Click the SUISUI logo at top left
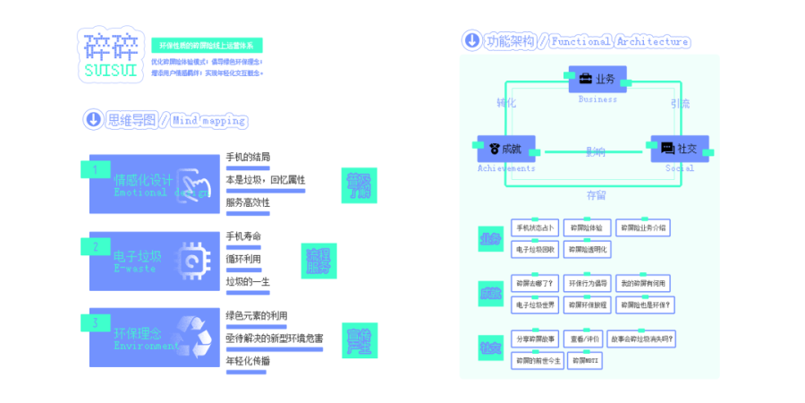point(109,56)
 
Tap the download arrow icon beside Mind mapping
point(92,119)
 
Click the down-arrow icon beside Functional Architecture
point(471,40)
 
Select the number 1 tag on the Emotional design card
point(95,168)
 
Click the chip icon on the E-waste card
point(192,260)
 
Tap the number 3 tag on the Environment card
point(95,322)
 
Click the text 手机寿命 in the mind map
point(243,236)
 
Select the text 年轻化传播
point(248,360)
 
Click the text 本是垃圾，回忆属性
point(265,180)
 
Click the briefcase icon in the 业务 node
point(585,79)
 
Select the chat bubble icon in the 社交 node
point(667,149)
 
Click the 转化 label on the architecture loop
point(506,104)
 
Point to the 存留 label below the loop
point(596,194)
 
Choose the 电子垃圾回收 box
point(535,249)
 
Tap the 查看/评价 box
point(585,339)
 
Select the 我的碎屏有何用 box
point(643,283)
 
